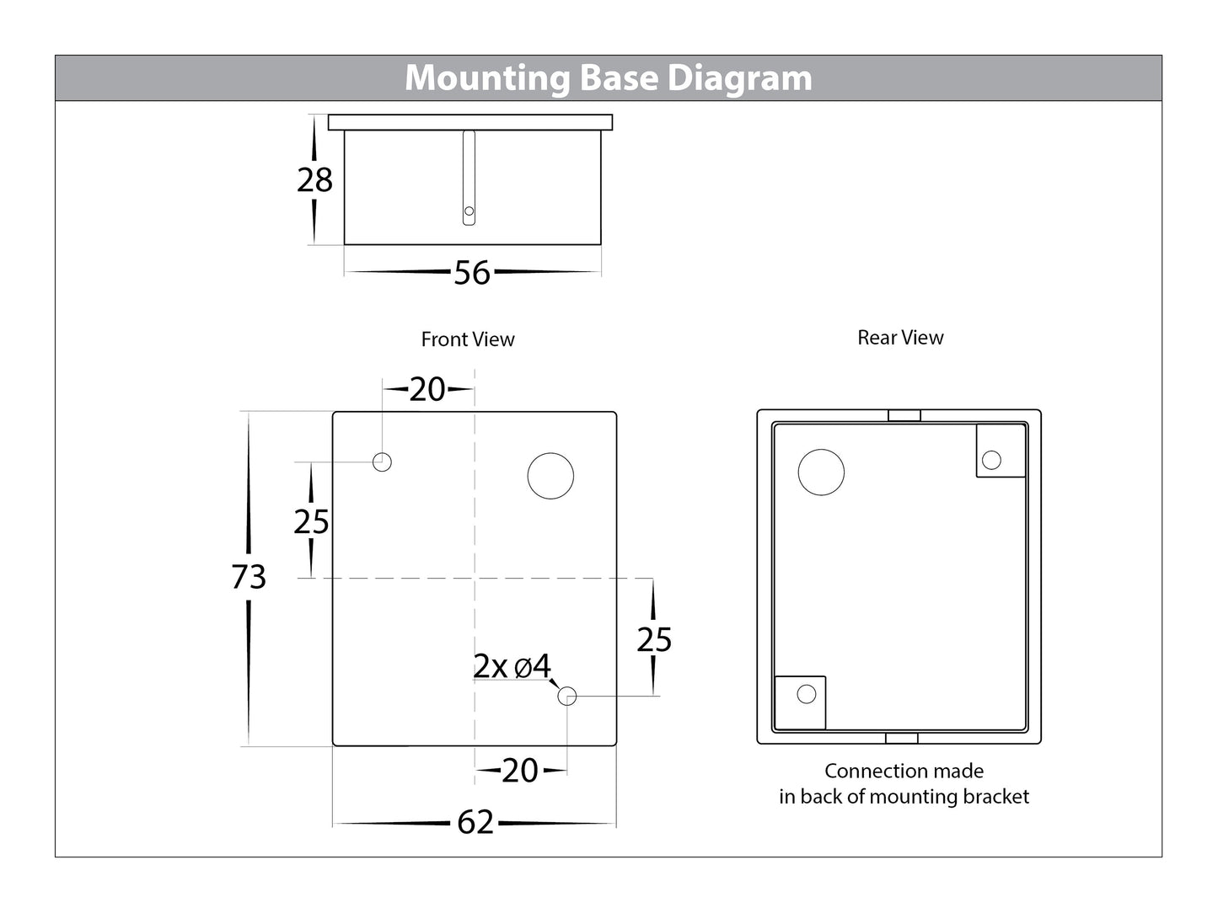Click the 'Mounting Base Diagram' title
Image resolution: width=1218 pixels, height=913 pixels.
608,78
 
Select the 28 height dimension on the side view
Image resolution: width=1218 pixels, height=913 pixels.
314,180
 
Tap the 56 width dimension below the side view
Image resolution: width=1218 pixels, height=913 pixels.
471,273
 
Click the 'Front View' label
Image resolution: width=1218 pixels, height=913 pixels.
467,339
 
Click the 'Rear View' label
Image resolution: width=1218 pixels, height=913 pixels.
900,338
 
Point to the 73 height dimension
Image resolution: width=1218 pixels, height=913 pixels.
249,577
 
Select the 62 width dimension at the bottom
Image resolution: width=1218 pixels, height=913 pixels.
475,822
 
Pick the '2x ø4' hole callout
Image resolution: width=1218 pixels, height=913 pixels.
512,667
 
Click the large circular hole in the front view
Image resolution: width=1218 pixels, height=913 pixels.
550,476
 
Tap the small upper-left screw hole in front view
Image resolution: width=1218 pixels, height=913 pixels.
382,462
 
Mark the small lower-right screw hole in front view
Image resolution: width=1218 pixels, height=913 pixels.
566,696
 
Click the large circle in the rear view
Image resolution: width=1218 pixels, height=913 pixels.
820,472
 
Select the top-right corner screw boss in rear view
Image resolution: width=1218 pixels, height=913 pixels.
992,460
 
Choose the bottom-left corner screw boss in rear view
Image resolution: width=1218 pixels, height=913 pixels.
806,694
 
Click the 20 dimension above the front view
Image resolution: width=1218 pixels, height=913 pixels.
427,389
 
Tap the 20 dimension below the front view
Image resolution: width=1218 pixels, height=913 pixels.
520,771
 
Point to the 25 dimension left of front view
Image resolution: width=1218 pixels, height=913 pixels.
311,522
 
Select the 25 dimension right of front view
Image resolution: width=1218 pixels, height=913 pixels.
654,640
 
